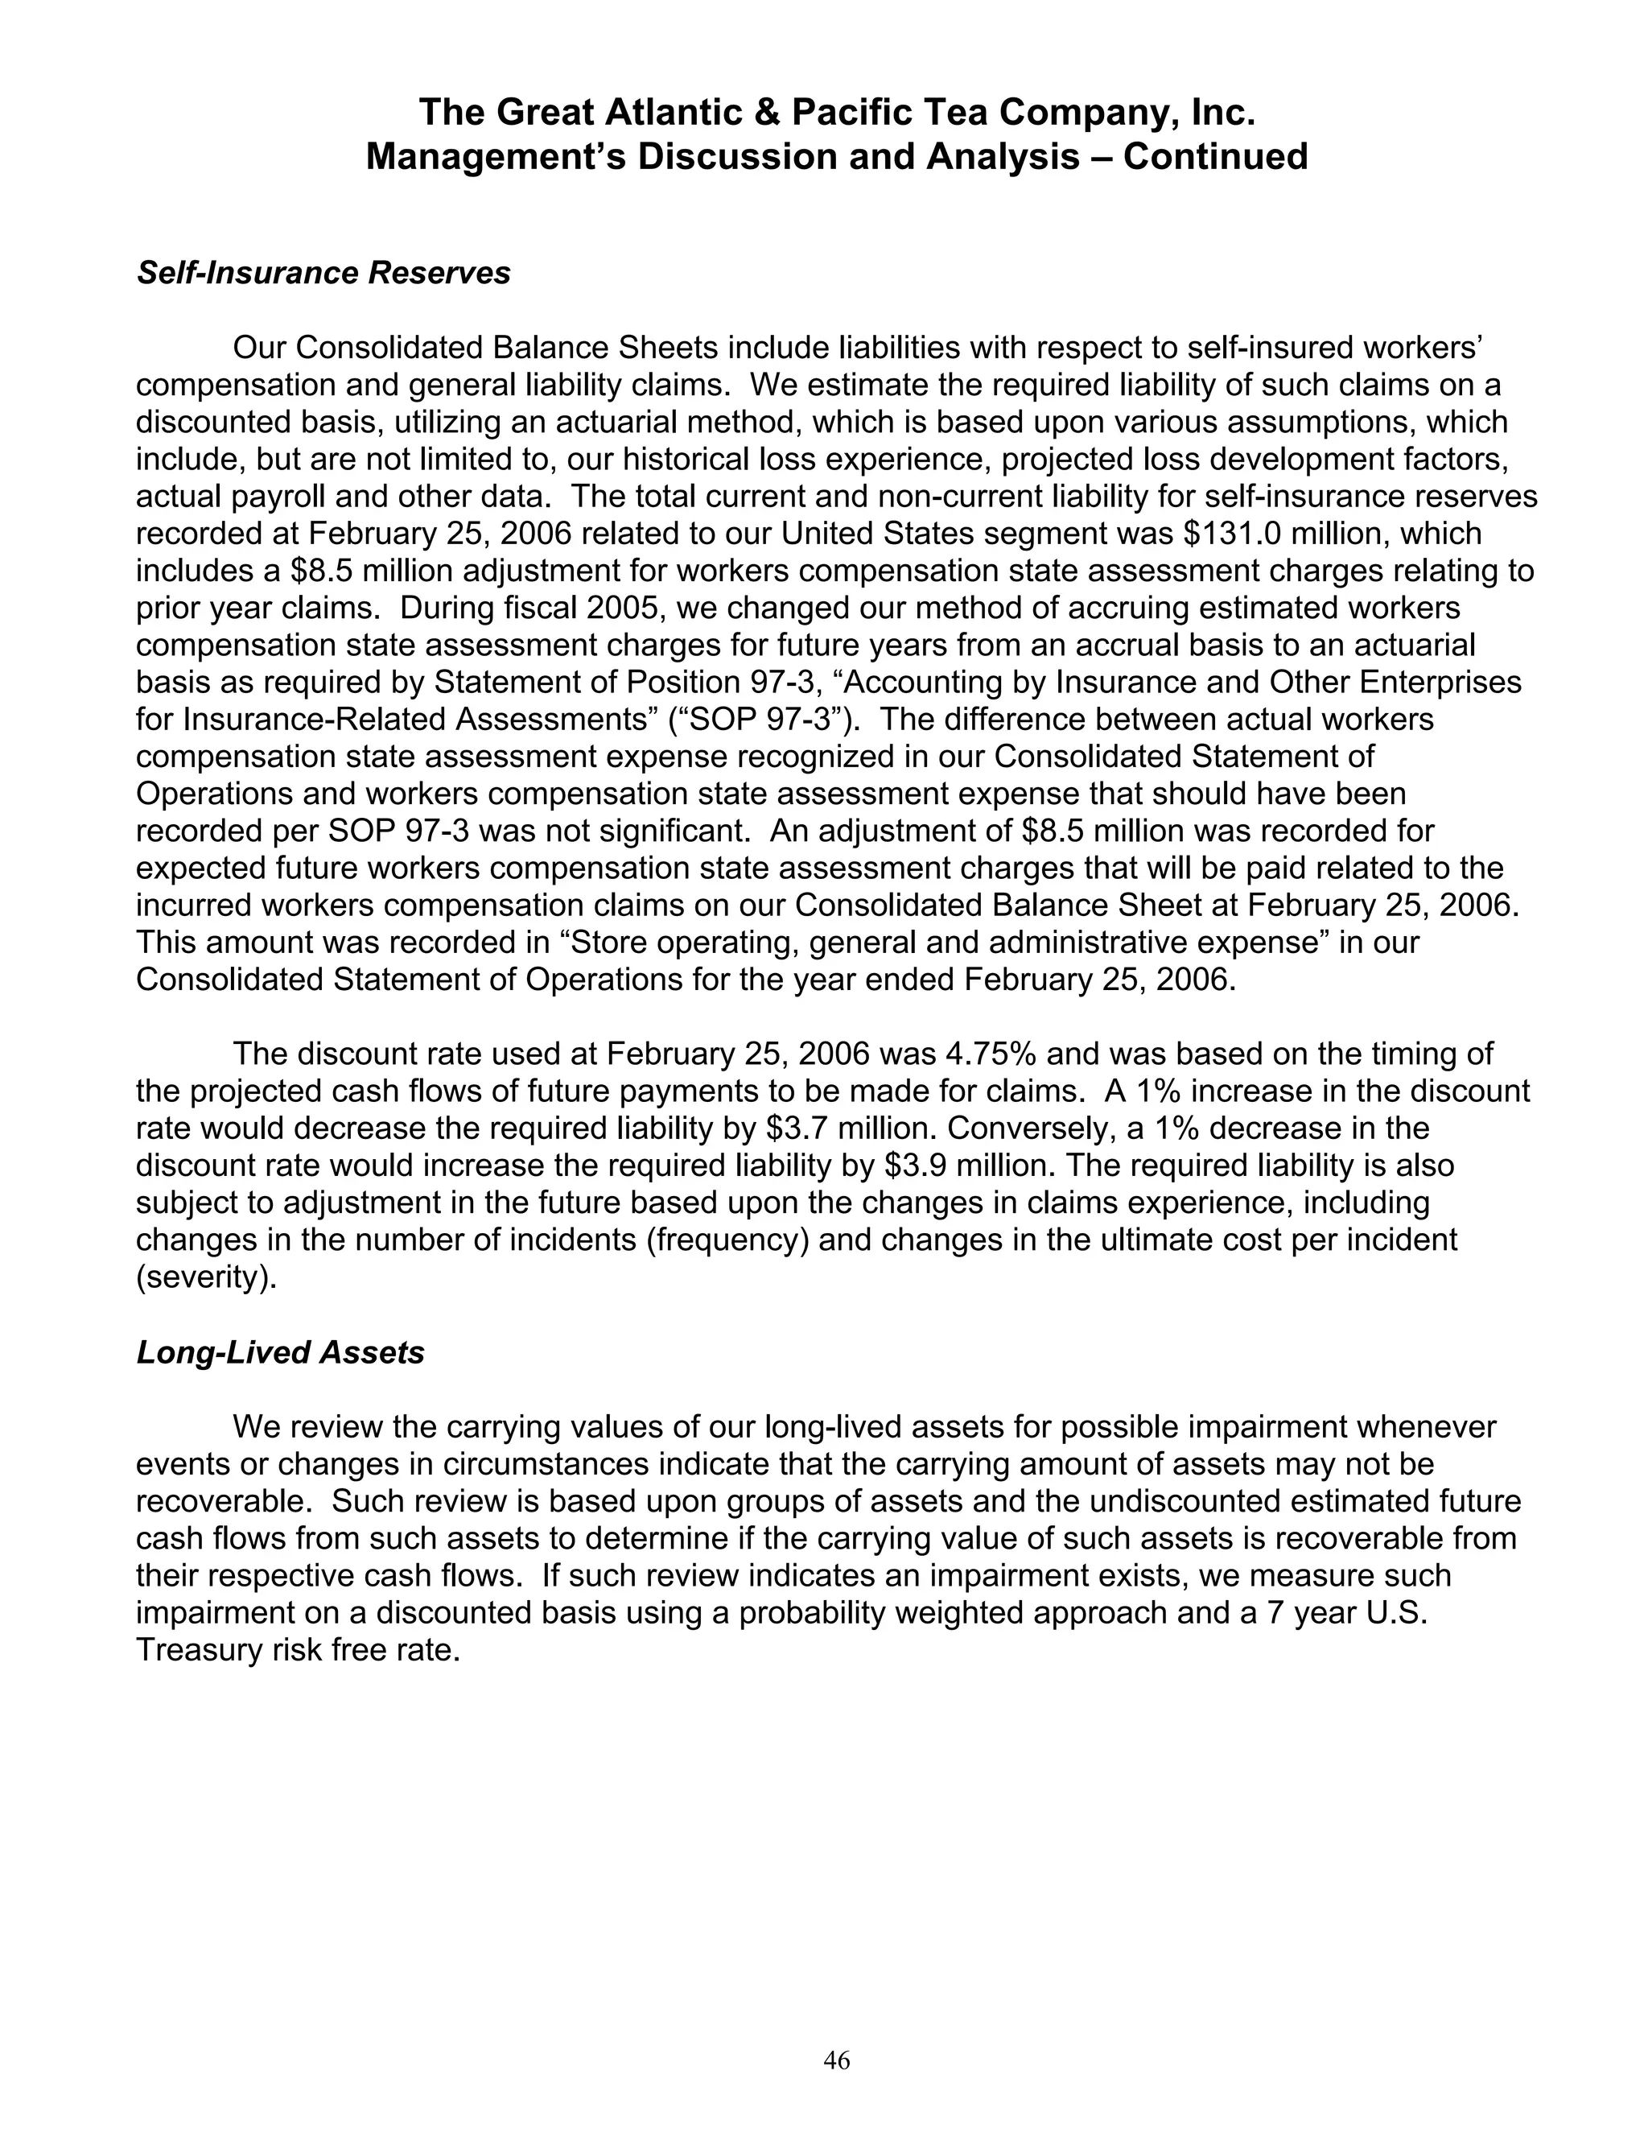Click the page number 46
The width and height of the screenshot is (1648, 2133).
[x=837, y=2060]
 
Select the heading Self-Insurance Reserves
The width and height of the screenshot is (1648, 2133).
[x=323, y=274]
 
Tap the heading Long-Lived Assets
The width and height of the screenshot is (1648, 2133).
[x=280, y=1353]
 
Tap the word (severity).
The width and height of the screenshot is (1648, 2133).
[x=206, y=1277]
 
